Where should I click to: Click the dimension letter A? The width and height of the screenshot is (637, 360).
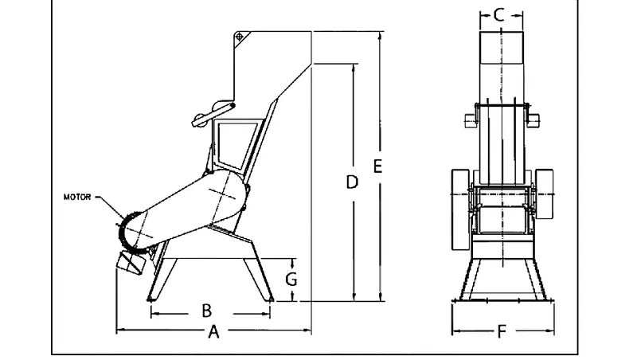(x=213, y=332)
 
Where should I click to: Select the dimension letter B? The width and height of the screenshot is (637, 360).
(x=205, y=311)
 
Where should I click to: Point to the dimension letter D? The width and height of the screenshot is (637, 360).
(x=352, y=182)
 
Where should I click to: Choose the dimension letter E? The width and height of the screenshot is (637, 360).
(x=378, y=166)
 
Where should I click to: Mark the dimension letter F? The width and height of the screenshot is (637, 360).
(x=501, y=331)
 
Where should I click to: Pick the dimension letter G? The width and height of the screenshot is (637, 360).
(x=292, y=280)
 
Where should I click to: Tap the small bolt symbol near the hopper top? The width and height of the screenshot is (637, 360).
(x=239, y=36)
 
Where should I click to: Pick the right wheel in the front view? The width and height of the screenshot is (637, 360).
(x=544, y=195)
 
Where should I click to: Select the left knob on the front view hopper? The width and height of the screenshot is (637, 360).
(x=469, y=120)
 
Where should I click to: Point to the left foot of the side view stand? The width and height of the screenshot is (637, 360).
(x=150, y=299)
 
